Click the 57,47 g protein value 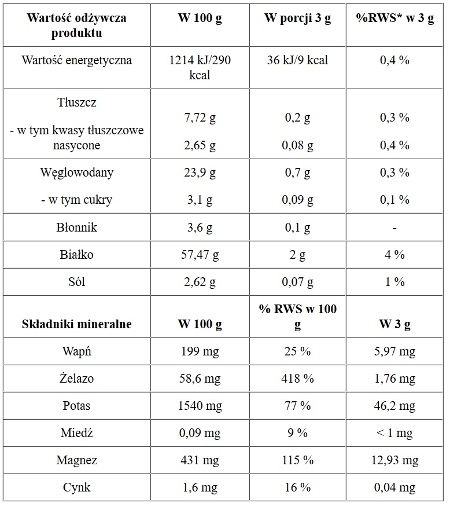click(200, 255)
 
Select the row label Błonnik click(76, 228)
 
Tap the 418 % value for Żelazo click(297, 379)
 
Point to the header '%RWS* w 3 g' click(394, 19)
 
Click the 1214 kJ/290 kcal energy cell click(200, 67)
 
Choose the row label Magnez click(76, 460)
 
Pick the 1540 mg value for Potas click(200, 406)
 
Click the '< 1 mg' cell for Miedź click(394, 433)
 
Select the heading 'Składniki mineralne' click(76, 324)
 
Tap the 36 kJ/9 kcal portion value click(297, 60)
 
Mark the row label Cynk click(76, 487)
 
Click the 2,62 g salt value click(200, 282)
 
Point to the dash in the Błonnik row click(394, 228)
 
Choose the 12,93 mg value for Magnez click(394, 460)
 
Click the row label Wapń click(76, 351)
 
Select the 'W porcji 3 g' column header click(297, 19)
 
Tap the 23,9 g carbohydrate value click(200, 173)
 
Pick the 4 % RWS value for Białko click(394, 255)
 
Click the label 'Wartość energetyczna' click(76, 60)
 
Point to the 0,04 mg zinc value click(394, 487)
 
